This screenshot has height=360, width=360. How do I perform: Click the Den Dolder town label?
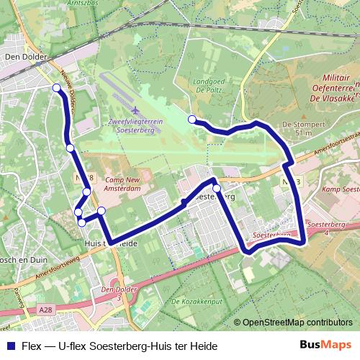(26, 55)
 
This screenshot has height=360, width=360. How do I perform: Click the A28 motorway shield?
(46, 310)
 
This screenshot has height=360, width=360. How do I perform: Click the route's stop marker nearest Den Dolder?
(57, 88)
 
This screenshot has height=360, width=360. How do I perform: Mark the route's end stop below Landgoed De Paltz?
(192, 119)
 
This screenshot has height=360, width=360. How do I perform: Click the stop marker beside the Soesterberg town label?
(216, 189)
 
